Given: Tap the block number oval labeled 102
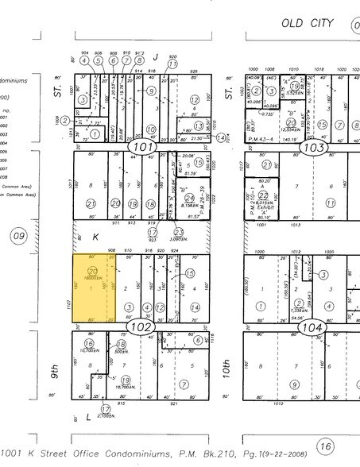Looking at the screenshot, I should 140,326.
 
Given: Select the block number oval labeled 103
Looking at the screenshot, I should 315,147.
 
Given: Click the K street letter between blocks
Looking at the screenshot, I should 95,237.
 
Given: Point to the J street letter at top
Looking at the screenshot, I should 157,56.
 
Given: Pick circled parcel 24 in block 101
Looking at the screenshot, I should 189,198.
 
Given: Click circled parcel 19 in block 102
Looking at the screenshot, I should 126,381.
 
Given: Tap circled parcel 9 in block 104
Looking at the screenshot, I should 294,385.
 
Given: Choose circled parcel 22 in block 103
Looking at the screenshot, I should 291,124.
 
